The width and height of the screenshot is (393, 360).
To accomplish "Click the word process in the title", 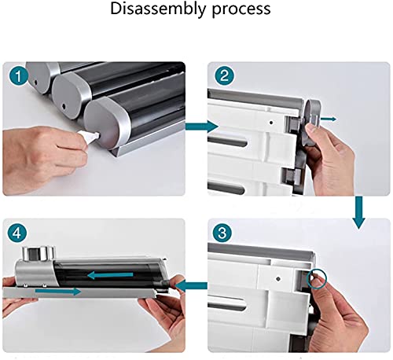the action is click(241, 10).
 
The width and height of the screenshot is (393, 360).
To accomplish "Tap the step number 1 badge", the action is click(18, 76).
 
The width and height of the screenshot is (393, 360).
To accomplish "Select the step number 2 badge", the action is click(224, 75).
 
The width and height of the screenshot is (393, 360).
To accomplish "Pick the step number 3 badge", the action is click(222, 233).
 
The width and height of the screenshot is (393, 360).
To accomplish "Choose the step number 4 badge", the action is click(17, 233).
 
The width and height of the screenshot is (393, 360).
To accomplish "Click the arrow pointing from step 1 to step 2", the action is click(202, 127).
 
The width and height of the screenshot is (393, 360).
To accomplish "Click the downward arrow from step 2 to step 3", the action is click(358, 213).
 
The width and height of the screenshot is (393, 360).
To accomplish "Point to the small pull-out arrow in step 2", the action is click(329, 119).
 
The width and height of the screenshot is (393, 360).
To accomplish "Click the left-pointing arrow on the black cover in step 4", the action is click(110, 275).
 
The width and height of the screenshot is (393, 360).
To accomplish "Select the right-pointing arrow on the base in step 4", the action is click(58, 291).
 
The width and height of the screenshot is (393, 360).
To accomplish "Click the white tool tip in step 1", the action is click(91, 137).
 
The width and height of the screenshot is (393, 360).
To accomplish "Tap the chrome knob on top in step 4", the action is click(39, 253).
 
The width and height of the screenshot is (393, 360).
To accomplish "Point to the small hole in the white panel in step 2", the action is click(271, 122).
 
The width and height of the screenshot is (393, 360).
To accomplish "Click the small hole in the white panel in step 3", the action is click(278, 279).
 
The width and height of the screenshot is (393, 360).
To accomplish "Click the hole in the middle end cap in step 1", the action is click(64, 106).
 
